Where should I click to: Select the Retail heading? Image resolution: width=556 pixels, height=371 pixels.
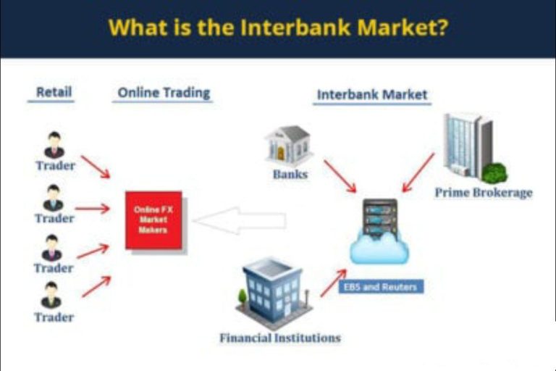(54, 92)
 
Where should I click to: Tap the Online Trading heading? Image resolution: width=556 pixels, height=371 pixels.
(164, 93)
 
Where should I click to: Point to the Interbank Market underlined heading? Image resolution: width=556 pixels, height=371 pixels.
(372, 95)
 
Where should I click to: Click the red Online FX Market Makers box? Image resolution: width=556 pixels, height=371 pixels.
(153, 220)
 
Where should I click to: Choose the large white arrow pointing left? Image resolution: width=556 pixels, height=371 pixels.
(240, 220)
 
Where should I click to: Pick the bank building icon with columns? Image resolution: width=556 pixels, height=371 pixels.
(288, 145)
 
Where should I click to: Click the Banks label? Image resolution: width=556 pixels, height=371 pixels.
(290, 175)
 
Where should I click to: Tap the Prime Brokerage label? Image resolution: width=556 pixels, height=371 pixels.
(484, 193)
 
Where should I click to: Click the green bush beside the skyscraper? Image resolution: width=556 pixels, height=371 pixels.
(495, 173)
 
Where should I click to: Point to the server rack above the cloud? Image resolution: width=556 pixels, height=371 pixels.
(380, 217)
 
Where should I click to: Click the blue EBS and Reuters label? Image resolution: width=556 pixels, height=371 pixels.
(381, 287)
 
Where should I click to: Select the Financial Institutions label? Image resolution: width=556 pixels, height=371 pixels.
(280, 338)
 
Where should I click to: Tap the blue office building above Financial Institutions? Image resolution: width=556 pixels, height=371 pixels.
(274, 293)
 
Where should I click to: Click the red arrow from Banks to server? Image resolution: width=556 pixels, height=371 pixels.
(340, 176)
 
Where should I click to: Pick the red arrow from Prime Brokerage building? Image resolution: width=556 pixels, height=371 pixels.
(418, 172)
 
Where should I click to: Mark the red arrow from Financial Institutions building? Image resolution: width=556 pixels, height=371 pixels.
(333, 283)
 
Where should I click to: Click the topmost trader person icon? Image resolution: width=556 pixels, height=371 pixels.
(54, 145)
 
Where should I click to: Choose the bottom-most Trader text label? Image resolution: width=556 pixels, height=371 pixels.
(54, 317)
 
